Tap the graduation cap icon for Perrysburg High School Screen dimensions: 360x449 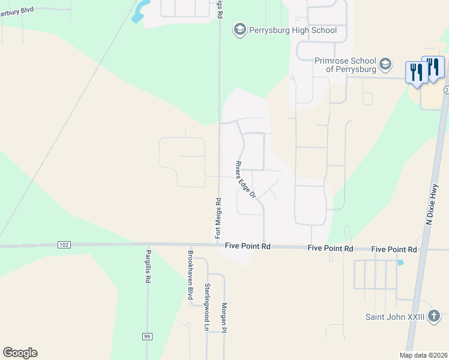[x=240, y=30]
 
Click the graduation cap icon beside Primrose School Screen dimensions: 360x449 [x=385, y=64]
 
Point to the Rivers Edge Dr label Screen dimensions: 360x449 [x=246, y=179]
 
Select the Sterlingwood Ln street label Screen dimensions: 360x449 [x=206, y=307]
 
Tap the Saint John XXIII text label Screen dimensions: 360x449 [x=395, y=317]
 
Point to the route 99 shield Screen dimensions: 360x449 [x=146, y=337]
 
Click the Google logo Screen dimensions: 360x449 [x=20, y=353]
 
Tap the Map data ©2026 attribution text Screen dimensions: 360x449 [x=423, y=355]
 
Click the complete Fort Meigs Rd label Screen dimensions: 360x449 [x=218, y=218]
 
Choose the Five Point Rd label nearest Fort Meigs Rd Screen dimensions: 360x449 [x=248, y=246]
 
